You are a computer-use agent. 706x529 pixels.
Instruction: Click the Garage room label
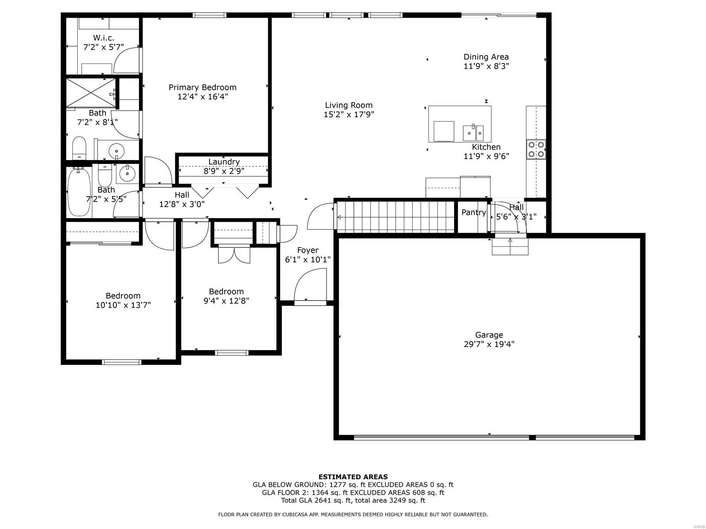coord(489,335)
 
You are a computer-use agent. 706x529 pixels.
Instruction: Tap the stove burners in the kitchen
coord(536,149)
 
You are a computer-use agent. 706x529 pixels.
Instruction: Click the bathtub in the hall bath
coord(79,192)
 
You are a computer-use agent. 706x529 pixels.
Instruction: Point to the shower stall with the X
coord(91,93)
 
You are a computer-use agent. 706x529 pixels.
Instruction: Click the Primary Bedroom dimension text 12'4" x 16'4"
coord(203,97)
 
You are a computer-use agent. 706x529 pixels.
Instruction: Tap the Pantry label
coord(473,212)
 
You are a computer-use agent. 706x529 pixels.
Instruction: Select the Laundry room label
coord(224,162)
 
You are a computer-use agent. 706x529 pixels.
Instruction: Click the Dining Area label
coord(486,57)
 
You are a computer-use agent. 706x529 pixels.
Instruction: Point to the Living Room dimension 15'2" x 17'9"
coord(349,115)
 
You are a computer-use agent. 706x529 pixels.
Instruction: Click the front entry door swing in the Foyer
coord(309,287)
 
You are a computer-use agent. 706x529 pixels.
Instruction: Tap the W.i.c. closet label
coord(104,38)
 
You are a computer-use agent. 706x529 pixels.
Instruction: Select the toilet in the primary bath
coord(79,148)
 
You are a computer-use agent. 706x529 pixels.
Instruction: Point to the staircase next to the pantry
coord(395,217)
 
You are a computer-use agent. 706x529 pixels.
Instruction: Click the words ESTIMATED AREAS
coord(353,477)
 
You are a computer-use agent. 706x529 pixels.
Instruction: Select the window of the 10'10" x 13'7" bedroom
coord(121,362)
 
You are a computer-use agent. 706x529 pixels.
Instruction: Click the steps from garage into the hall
coord(510,246)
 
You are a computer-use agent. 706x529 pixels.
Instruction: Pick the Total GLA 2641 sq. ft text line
coord(353,500)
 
